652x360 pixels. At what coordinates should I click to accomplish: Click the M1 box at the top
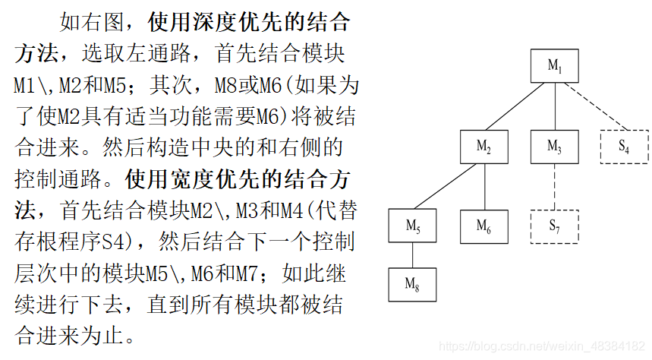[555, 66]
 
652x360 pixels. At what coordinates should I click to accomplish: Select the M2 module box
[484, 147]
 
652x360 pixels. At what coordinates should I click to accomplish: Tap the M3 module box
[555, 147]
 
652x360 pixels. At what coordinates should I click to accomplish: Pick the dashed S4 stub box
[624, 147]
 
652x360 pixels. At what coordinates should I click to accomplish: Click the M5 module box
[413, 226]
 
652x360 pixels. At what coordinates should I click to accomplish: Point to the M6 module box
[484, 226]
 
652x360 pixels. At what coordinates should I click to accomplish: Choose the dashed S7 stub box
[555, 226]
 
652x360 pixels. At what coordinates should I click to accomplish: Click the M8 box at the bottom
[413, 284]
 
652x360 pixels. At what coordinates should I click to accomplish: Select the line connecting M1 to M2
[519, 106]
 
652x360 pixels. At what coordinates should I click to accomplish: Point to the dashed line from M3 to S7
[555, 186]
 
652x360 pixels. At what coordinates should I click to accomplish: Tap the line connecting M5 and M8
[413, 255]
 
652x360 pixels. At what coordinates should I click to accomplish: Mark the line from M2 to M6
[484, 186]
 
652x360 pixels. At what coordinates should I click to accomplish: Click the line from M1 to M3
[555, 106]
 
